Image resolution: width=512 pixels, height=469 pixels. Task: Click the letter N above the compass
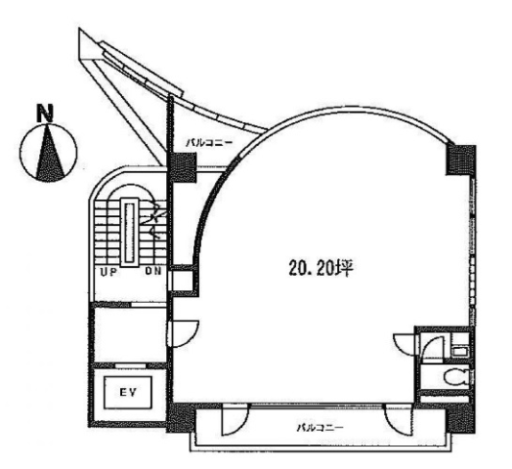(45, 113)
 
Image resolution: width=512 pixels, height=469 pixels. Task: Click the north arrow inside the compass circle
(50, 154)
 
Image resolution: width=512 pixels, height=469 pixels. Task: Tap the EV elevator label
(128, 393)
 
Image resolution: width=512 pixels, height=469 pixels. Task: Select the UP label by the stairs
(109, 272)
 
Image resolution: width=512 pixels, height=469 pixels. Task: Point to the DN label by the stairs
(154, 271)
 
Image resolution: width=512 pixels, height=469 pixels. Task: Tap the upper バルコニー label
(209, 143)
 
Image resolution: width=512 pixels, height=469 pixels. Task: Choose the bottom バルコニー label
(320, 428)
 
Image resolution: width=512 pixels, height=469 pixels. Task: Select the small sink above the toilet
(460, 352)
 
